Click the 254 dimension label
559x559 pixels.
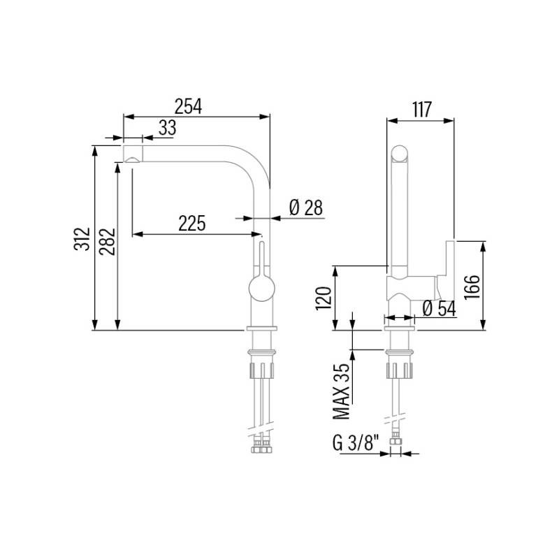coord(188,106)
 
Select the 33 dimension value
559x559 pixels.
coord(167,128)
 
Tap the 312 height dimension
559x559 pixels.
coord(82,239)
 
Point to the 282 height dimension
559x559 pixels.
coord(107,241)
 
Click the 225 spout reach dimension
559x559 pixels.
coord(191,223)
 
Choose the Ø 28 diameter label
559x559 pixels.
coord(306,208)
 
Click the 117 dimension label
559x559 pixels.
coord(422,110)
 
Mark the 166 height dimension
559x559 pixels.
coord(472,287)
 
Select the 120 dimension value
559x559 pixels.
coord(324,298)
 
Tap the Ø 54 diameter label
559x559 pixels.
coord(439,308)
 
